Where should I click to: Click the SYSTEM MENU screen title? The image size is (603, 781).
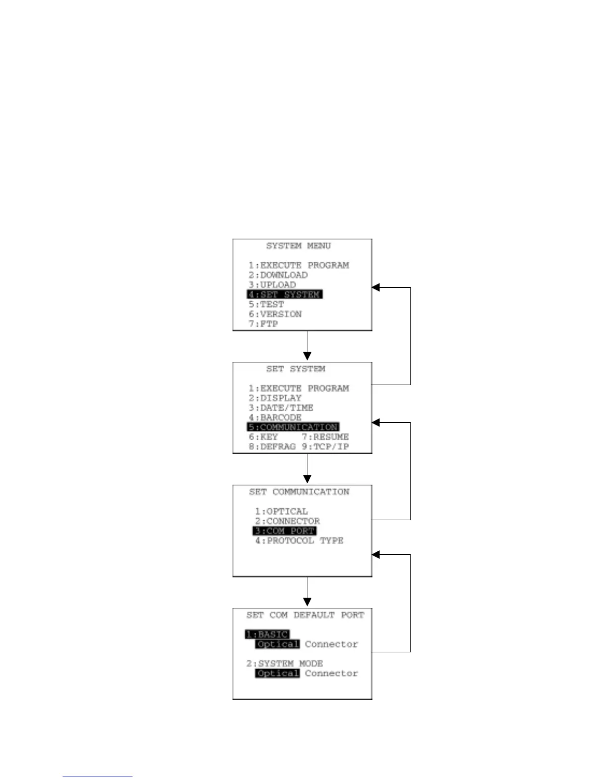[298, 246]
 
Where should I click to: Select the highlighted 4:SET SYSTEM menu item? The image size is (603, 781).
[284, 294]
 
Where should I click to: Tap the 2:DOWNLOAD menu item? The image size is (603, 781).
[278, 275]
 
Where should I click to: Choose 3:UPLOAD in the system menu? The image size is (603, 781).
[272, 285]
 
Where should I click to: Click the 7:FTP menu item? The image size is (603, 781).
[263, 324]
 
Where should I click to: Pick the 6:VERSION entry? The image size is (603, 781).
[275, 314]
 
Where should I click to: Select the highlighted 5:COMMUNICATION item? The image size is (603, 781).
[293, 427]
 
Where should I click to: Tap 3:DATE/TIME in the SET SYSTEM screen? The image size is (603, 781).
[281, 408]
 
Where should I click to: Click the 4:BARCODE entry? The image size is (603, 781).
[275, 418]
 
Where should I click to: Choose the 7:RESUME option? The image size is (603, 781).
[325, 437]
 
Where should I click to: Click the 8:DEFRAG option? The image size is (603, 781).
[272, 447]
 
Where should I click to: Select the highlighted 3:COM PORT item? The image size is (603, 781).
[285, 531]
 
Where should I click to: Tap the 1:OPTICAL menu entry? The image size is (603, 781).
[281, 511]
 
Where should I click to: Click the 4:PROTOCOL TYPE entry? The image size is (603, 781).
[299, 541]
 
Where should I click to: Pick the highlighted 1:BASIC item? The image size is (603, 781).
[267, 635]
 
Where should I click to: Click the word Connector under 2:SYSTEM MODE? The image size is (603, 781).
[331, 674]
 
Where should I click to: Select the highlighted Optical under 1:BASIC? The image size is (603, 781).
[277, 644]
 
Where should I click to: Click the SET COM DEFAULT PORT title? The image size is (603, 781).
[305, 615]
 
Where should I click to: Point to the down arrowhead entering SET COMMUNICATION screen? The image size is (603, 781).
[307, 479]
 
